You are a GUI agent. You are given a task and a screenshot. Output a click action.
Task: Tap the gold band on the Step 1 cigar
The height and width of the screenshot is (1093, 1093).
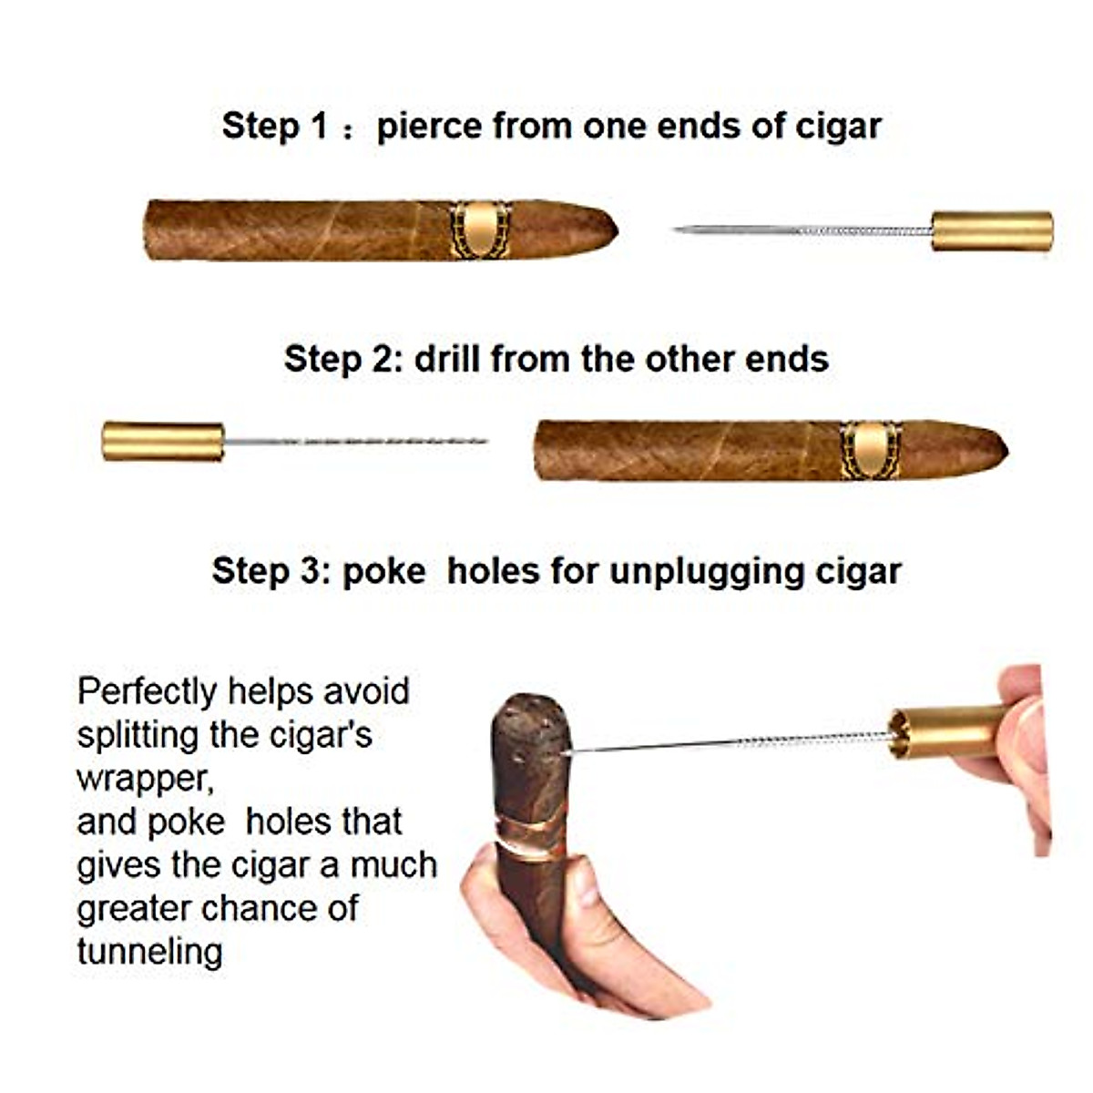pos(480,230)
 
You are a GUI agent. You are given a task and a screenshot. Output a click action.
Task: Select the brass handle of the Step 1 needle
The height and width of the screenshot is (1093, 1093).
pos(992,230)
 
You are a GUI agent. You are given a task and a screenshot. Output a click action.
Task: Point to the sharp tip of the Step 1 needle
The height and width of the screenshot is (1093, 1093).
pos(679,230)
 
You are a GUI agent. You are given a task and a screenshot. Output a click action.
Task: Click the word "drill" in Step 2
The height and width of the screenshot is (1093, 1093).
pos(446,359)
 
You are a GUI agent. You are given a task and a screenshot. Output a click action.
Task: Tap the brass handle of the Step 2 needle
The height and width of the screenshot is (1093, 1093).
pos(163,441)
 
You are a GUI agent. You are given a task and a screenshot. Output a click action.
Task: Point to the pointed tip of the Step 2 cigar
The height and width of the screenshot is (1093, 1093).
pos(1001,448)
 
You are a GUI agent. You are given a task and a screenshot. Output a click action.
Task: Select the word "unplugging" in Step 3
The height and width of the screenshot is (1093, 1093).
pos(693,572)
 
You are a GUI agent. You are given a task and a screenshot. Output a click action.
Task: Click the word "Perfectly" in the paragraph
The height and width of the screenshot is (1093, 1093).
pos(148,692)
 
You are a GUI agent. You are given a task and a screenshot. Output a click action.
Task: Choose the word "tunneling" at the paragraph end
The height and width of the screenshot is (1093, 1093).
pos(150,952)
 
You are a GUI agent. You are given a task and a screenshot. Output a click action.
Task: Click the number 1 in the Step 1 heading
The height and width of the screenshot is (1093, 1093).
pos(319,126)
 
